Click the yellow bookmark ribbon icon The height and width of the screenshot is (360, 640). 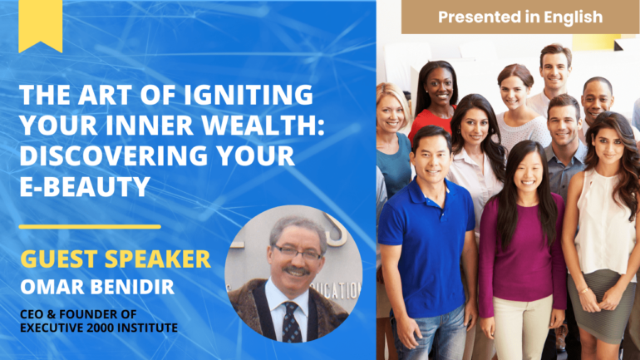point(41,24)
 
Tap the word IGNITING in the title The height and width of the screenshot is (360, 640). point(249,95)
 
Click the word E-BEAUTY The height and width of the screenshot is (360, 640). point(85,186)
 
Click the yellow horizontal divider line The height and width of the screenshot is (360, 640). point(90,226)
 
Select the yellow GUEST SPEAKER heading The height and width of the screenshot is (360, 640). point(116,259)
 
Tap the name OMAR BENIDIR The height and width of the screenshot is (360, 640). point(97,287)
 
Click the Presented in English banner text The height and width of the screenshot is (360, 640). point(520,17)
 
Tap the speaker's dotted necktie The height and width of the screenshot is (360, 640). point(291,323)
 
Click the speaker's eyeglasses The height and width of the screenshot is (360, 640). point(298,253)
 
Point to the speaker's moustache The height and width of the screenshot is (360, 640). point(297,270)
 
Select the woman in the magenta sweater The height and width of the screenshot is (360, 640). point(523,249)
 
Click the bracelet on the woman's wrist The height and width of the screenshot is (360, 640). point(583,291)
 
